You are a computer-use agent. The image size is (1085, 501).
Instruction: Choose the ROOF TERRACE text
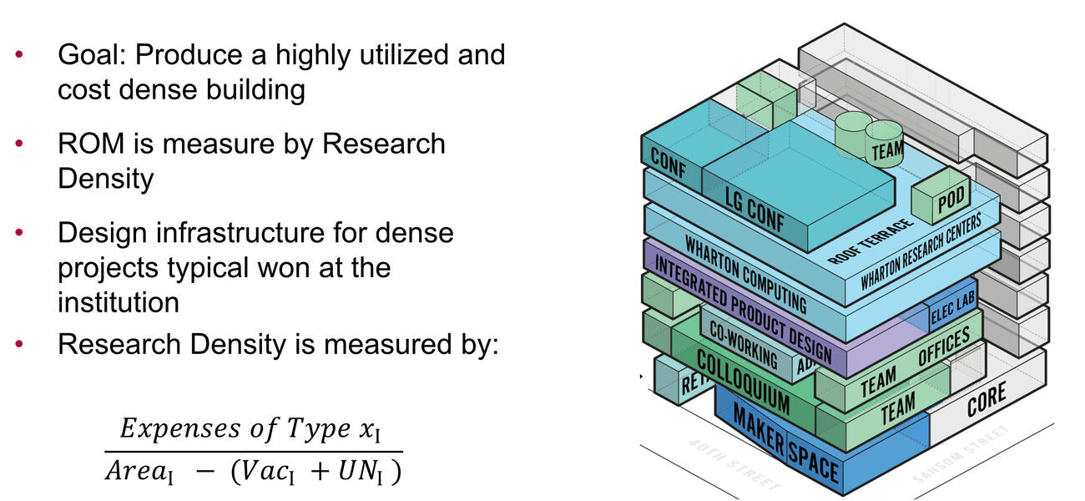[871, 241]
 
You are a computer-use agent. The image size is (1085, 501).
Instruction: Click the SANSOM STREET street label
[960, 454]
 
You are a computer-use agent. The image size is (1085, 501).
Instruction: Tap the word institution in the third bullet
[118, 301]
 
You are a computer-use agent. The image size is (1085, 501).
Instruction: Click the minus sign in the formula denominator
[205, 472]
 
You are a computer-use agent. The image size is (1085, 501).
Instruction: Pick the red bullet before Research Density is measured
[19, 343]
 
